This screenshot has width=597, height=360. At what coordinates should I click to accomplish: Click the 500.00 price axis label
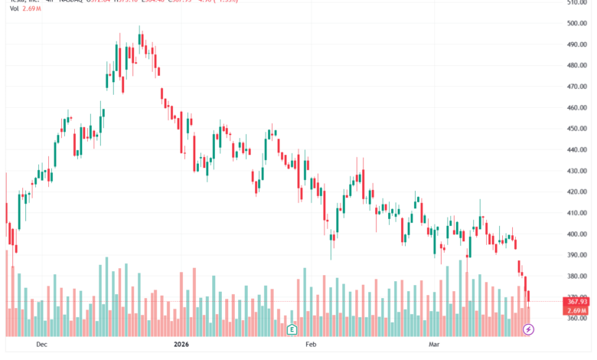click(x=578, y=23)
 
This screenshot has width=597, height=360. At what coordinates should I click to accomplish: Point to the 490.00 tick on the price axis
click(x=578, y=44)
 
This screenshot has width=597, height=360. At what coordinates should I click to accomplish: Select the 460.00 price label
click(x=578, y=108)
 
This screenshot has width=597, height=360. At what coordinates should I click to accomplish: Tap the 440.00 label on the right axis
click(x=578, y=150)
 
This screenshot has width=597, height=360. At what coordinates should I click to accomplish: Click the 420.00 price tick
click(x=578, y=192)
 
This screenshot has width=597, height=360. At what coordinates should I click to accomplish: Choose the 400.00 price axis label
click(x=578, y=234)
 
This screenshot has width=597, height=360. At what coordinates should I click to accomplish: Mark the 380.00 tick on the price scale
click(x=578, y=277)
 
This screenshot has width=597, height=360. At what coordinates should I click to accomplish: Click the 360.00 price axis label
click(x=578, y=319)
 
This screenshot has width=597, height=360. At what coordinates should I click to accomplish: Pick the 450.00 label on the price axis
click(x=578, y=129)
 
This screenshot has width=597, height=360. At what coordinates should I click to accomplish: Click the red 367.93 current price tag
click(x=578, y=302)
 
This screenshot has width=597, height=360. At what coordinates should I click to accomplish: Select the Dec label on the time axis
click(x=41, y=345)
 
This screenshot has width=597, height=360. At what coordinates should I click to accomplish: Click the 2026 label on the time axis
click(x=181, y=345)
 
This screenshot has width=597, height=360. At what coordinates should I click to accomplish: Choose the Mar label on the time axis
click(x=435, y=345)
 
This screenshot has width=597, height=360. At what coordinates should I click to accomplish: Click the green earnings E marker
click(x=292, y=329)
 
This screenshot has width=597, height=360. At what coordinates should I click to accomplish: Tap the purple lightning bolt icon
click(x=527, y=329)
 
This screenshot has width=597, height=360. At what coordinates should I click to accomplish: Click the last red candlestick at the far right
click(x=528, y=296)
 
